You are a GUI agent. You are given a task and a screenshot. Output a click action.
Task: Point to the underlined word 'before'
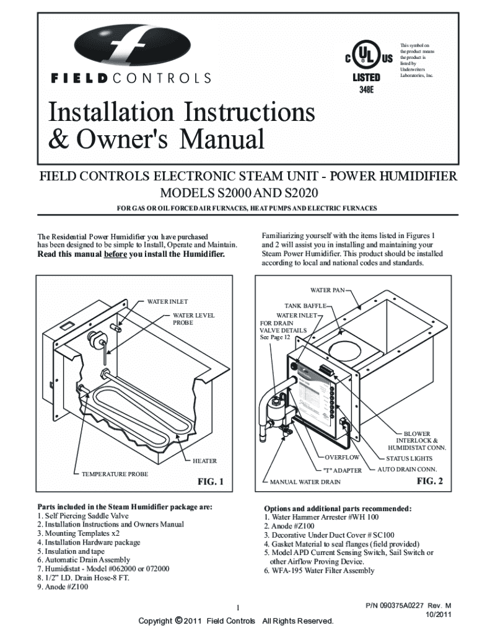click(x=115, y=254)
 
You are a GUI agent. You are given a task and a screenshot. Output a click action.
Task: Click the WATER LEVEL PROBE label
click(x=193, y=319)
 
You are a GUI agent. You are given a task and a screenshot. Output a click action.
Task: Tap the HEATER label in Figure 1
click(x=204, y=461)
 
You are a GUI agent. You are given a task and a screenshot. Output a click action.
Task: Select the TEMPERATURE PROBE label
click(x=115, y=474)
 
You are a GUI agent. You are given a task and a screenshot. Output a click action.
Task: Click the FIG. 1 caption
click(x=210, y=482)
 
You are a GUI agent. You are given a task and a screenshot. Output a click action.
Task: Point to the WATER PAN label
click(x=329, y=290)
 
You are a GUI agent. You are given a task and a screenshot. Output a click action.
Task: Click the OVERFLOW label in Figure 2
click(x=342, y=458)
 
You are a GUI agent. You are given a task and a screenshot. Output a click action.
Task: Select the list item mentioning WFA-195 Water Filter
click(x=319, y=571)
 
